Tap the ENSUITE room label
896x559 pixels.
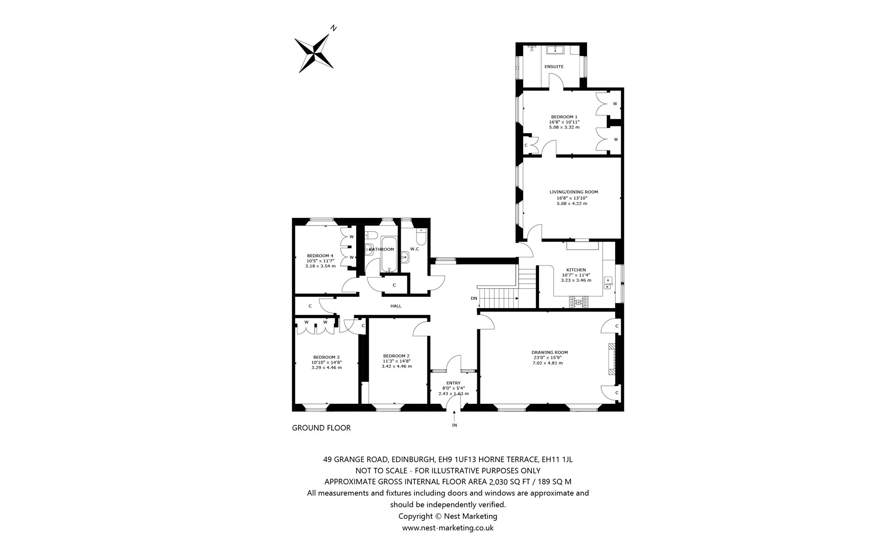554,67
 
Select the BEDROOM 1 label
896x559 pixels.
562,117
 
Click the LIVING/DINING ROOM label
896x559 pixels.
574,192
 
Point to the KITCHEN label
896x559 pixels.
576,270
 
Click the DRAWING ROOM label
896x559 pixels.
549,352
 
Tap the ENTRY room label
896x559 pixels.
453,383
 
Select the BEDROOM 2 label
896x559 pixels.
396,356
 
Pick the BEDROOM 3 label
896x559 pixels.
326,357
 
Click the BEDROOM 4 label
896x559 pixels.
320,256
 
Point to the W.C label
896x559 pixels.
414,249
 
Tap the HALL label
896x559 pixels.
396,306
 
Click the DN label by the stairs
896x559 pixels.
474,299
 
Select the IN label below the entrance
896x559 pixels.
454,425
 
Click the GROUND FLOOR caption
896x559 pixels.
321,428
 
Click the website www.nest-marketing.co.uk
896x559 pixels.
448,528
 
